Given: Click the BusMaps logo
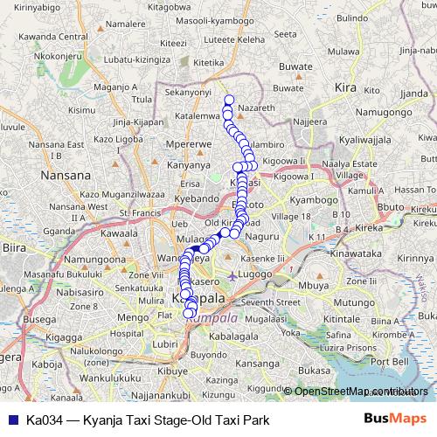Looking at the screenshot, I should pos(396,418).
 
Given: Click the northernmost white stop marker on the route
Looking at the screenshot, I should pos(229,99).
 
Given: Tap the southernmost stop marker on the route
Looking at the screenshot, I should pos(188,314).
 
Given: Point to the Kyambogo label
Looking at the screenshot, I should pos(313,200).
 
